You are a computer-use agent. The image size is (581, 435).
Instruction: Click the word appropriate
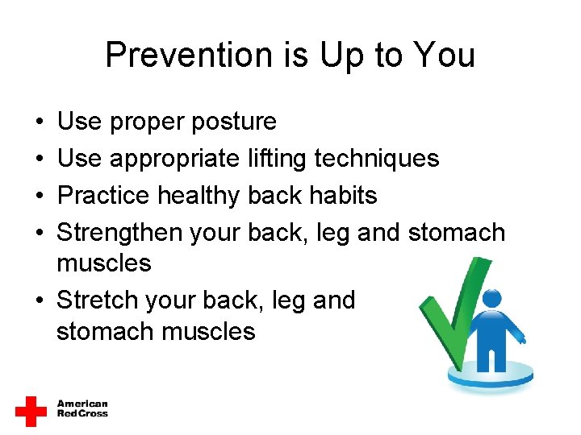point(175,159)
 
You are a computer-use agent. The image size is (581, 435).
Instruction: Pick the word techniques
point(377,159)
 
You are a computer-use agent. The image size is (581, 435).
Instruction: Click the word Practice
point(103,196)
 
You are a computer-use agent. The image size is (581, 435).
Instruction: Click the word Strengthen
point(119,233)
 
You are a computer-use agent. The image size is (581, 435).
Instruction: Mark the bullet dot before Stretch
point(39,301)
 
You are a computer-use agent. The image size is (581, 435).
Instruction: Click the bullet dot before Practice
point(39,196)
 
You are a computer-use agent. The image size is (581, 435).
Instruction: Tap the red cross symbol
point(31,411)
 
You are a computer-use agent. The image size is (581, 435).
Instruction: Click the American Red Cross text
point(82,408)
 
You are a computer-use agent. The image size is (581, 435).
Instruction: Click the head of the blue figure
point(491,299)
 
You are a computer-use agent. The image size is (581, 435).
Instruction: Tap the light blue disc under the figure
point(491,375)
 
